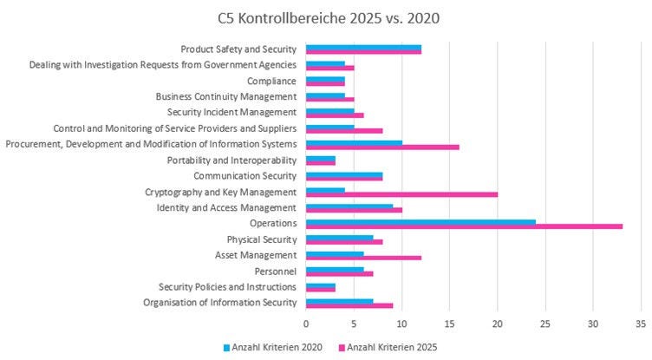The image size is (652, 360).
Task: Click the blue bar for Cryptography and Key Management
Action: click(x=326, y=189)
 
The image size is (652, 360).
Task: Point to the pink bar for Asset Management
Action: click(x=363, y=258)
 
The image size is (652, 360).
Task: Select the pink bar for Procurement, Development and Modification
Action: click(x=382, y=147)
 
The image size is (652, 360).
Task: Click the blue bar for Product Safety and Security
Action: click(x=363, y=48)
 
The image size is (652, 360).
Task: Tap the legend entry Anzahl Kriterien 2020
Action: click(x=272, y=347)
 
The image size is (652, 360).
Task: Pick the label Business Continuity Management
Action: click(x=226, y=96)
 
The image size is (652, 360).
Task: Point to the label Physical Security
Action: click(x=262, y=239)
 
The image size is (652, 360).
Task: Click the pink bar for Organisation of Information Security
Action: click(x=349, y=305)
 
